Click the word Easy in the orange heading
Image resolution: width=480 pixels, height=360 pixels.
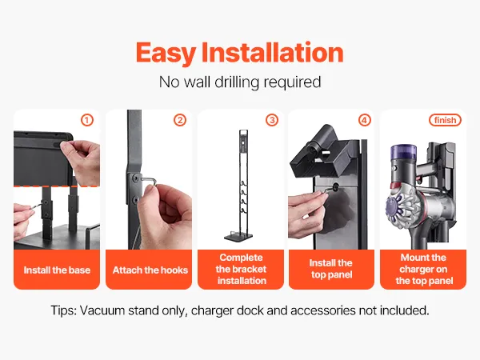pyautogui.click(x=166, y=54)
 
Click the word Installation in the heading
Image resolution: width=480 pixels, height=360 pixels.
pyautogui.click(x=273, y=52)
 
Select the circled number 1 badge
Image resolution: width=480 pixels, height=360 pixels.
pyautogui.click(x=87, y=120)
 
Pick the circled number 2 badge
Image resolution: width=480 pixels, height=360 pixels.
pyautogui.click(x=180, y=120)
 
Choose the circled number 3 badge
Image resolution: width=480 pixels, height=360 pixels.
pyautogui.click(x=272, y=120)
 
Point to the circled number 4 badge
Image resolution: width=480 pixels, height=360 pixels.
pyautogui.click(x=364, y=120)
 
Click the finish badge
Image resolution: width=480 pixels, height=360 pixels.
pyautogui.click(x=445, y=120)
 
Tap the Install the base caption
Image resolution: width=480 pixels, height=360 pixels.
pyautogui.click(x=57, y=270)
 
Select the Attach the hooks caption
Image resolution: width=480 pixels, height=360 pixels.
pyautogui.click(x=150, y=270)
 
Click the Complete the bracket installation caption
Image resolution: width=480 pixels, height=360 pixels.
pyautogui.click(x=242, y=269)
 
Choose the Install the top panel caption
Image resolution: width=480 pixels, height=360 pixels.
pyautogui.click(x=331, y=269)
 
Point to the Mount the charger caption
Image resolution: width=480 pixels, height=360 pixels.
pyautogui.click(x=424, y=269)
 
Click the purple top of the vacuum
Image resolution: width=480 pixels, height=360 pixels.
pyautogui.click(x=403, y=152)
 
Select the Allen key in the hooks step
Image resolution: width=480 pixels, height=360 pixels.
pyautogui.click(x=148, y=182)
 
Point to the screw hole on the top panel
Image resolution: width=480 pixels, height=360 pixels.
pyautogui.click(x=335, y=186)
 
